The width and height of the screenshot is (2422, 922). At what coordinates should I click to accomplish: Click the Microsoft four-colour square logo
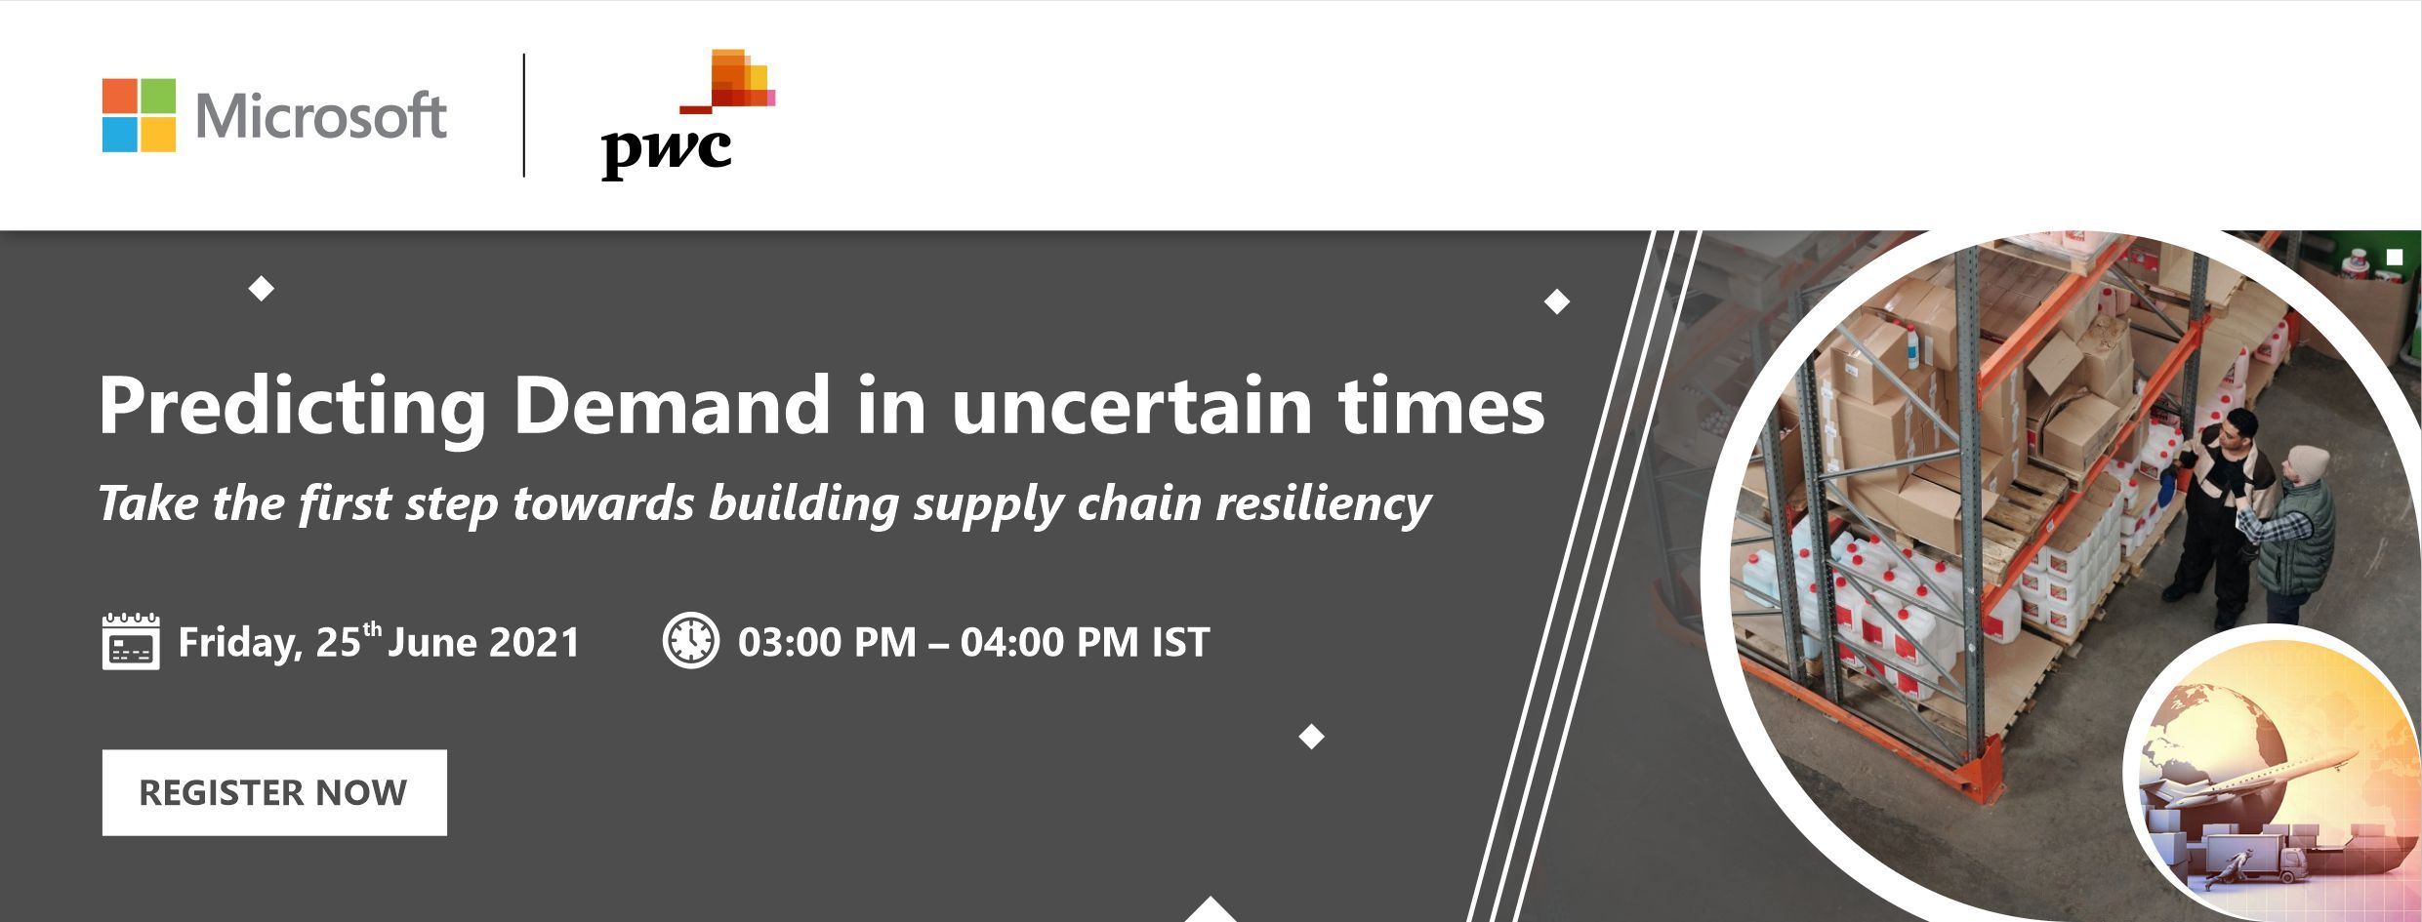[x=139, y=115]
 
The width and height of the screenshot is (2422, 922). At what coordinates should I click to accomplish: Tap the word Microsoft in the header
[x=321, y=116]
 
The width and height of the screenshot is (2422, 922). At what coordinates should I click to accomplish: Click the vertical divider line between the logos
[x=524, y=115]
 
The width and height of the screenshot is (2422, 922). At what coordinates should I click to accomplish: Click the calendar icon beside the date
[x=131, y=641]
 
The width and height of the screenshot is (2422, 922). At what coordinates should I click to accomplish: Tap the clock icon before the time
[x=691, y=640]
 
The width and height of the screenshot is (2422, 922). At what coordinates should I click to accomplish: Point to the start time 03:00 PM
[x=827, y=642]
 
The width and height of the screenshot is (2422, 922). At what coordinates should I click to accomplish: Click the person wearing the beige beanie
[x=2289, y=532]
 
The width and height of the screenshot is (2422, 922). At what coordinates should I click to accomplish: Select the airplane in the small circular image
[x=2255, y=784]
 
